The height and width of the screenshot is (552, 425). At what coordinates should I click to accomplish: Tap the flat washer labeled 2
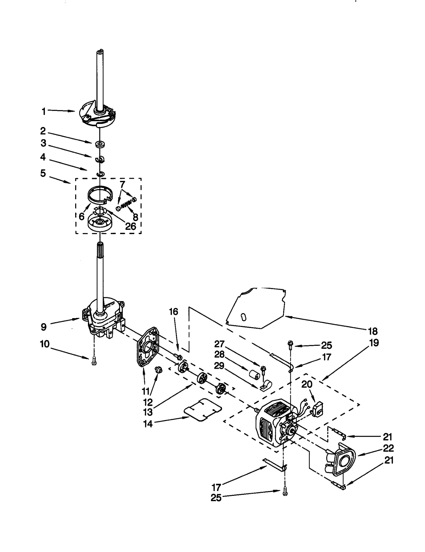(100, 144)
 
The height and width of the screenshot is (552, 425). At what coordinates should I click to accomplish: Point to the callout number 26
(130, 226)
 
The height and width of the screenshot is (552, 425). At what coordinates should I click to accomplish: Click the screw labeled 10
(93, 361)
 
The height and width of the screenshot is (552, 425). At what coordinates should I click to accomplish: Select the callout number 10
(45, 344)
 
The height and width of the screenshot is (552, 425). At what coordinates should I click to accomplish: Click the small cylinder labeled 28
(254, 377)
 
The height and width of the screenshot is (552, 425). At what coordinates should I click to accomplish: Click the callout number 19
(374, 343)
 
